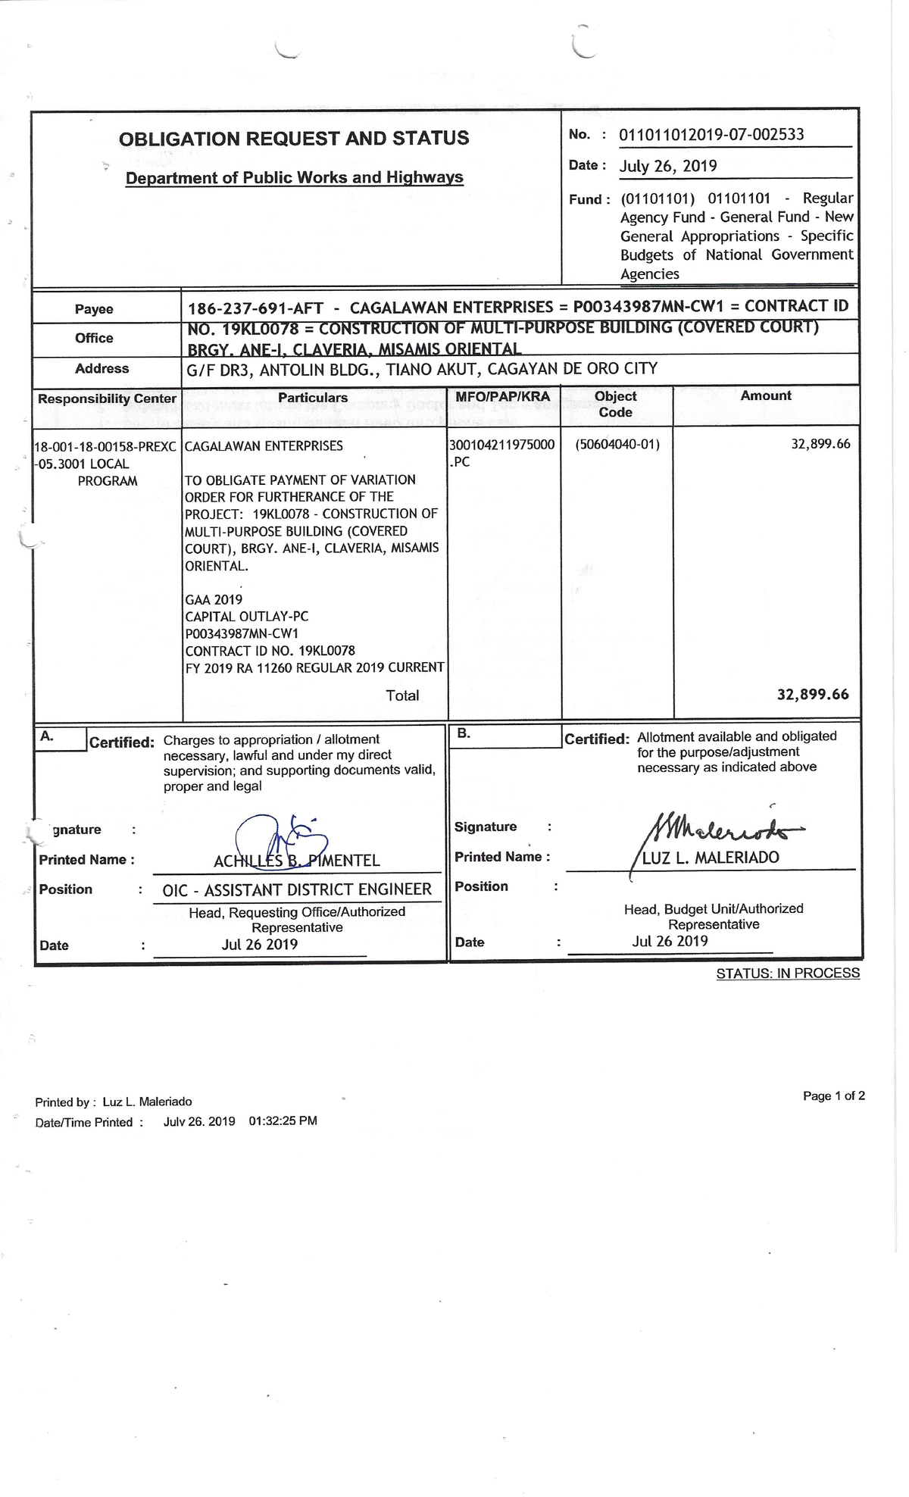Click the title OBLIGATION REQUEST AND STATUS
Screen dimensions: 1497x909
(294, 139)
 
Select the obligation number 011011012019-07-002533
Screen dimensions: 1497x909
(711, 135)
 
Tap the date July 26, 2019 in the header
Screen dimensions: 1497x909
(668, 167)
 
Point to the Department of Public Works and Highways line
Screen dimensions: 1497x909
(294, 178)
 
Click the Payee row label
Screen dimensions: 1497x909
(94, 309)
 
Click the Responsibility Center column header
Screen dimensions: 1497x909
(107, 398)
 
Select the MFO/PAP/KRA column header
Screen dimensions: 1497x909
(503, 396)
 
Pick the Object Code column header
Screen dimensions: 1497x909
(615, 404)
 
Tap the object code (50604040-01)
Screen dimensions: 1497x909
(617, 445)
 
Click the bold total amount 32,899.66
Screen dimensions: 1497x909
(813, 694)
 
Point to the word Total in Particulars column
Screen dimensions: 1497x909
(402, 695)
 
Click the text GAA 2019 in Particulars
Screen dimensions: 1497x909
(214, 600)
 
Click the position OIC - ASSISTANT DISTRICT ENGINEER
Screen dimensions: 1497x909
(297, 890)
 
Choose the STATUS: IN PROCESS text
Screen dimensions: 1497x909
(788, 974)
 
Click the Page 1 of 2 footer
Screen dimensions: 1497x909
(833, 1095)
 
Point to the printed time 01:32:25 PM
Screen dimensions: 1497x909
(283, 1121)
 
